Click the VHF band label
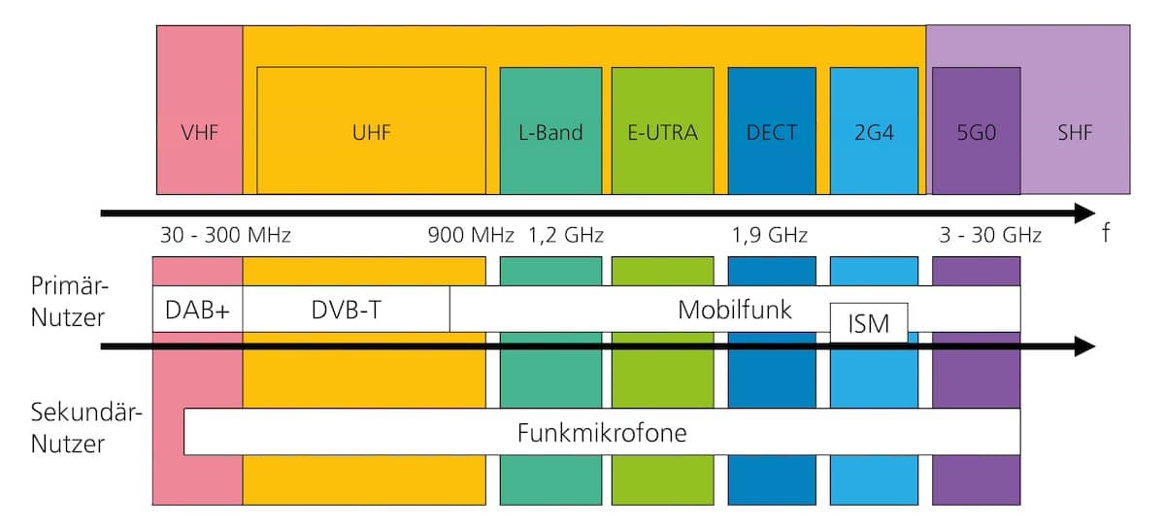click(x=199, y=133)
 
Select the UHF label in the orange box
click(x=371, y=133)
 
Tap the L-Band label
click(x=550, y=133)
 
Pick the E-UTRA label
click(x=662, y=133)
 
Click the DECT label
click(x=772, y=133)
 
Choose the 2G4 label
click(x=874, y=133)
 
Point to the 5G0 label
click(x=976, y=133)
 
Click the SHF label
click(x=1075, y=133)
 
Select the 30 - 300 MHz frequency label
click(x=225, y=236)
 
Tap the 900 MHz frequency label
click(x=471, y=236)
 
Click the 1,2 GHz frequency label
click(x=566, y=236)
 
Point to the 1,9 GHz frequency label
click(x=770, y=236)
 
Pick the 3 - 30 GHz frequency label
click(x=989, y=236)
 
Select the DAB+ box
click(x=197, y=310)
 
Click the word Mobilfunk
click(x=734, y=310)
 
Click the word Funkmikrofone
click(x=602, y=432)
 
